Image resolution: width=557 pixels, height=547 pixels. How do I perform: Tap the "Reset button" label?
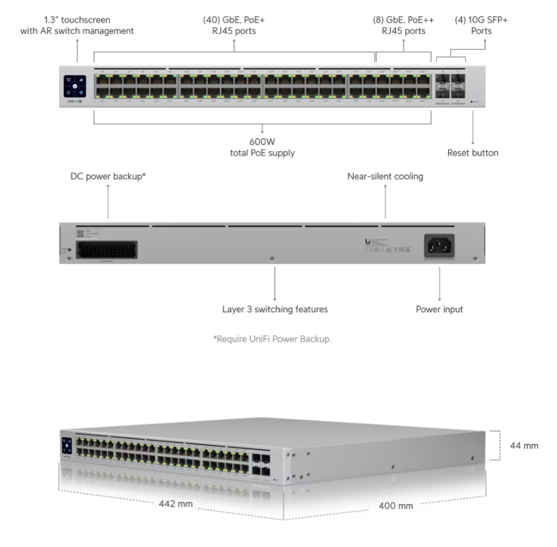point(473,153)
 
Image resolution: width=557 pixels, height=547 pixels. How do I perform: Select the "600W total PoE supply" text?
point(262,148)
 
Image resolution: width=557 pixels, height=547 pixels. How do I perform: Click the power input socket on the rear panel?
point(439,245)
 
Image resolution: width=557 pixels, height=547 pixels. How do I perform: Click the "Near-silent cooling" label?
point(385,176)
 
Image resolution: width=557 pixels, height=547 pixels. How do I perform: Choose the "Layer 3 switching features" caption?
point(274,309)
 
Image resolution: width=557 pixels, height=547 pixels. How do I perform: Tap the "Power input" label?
point(439,309)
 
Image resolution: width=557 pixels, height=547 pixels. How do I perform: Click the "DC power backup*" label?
point(108,176)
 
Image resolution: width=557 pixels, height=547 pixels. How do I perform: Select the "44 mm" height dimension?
point(524,445)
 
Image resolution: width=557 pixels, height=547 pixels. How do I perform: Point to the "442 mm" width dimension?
point(176,504)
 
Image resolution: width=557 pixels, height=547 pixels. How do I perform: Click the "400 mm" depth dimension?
point(395,505)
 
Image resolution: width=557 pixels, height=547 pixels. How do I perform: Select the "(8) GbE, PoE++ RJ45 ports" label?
point(403,25)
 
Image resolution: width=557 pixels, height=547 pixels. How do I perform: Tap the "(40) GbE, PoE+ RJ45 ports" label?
point(234,25)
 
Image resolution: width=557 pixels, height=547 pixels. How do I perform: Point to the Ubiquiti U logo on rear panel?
point(367,242)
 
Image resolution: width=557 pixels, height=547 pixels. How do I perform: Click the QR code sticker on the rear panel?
point(80,234)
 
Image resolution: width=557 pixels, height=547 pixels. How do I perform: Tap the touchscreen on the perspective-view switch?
point(66,444)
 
